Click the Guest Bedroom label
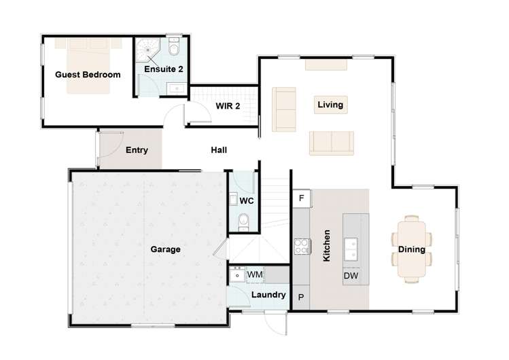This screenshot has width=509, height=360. (x=88, y=75)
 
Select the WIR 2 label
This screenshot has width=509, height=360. (x=226, y=105)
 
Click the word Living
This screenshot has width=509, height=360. (x=330, y=105)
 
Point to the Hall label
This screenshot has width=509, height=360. (x=219, y=150)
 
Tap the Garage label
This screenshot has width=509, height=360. (x=165, y=249)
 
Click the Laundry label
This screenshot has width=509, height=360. (x=268, y=295)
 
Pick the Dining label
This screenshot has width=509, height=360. (x=412, y=249)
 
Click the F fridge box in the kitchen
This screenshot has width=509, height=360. (x=302, y=198)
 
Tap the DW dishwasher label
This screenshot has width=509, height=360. (x=351, y=276)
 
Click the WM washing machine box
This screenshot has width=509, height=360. (x=255, y=274)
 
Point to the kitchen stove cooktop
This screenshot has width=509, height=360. (x=302, y=246)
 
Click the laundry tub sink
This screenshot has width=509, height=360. (x=237, y=275)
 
